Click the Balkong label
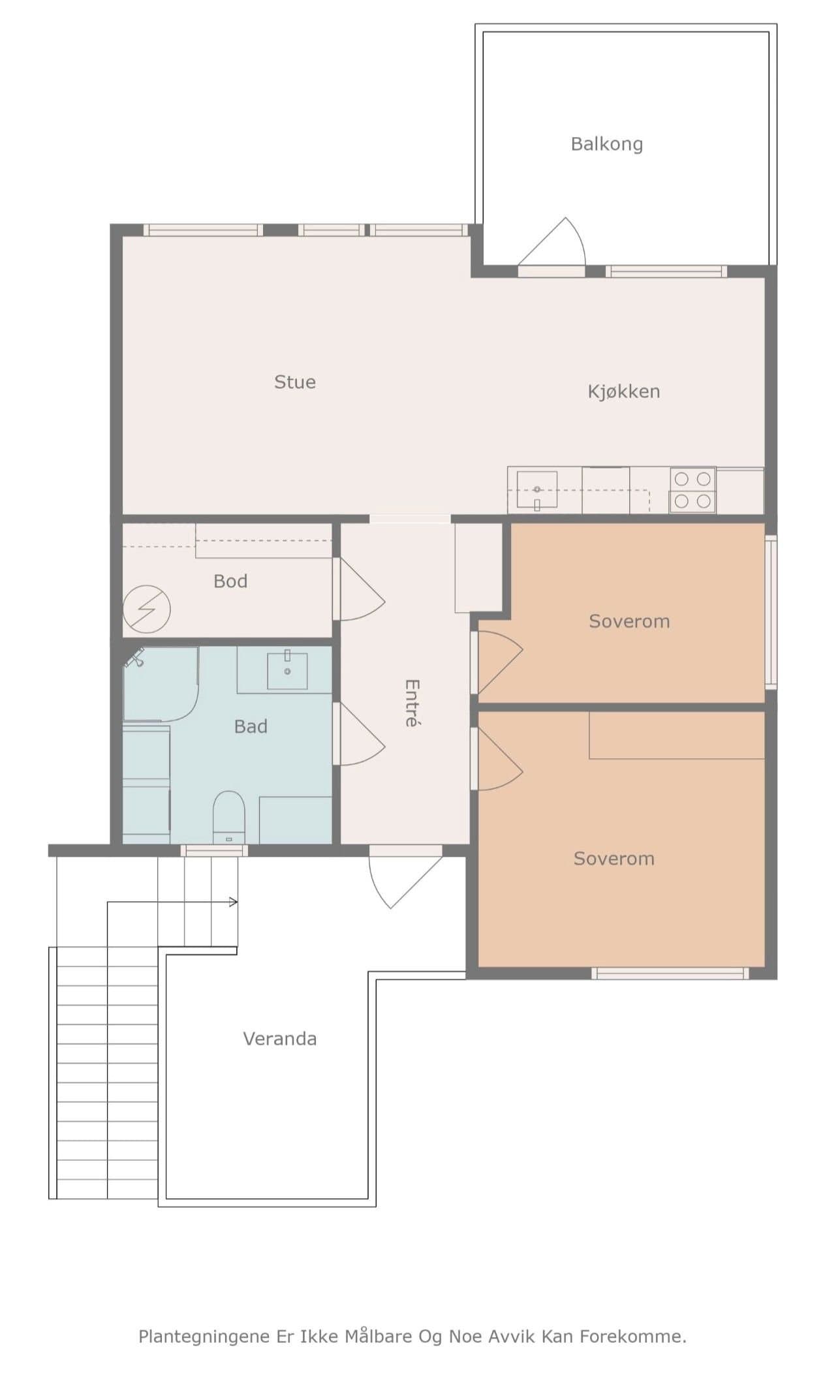click(607, 144)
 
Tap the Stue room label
click(295, 382)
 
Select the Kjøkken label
click(624, 391)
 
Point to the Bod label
click(230, 581)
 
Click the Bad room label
click(251, 726)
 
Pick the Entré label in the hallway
click(412, 703)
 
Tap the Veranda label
click(280, 1038)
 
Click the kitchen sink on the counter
click(537, 489)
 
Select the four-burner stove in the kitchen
click(692, 489)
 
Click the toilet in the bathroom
click(228, 817)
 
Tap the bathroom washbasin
click(287, 670)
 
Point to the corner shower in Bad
click(161, 684)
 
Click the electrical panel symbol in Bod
click(147, 609)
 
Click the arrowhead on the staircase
click(234, 902)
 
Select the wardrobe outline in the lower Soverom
click(677, 735)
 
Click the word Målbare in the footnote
click(380, 1336)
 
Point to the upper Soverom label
click(629, 621)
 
